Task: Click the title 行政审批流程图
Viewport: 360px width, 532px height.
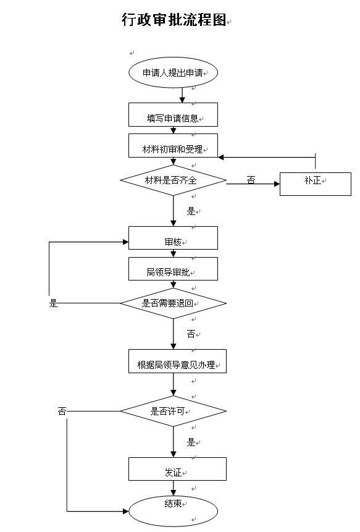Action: click(x=174, y=19)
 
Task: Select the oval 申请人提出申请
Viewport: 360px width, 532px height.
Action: click(x=173, y=73)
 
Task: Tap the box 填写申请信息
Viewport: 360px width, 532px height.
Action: click(x=173, y=115)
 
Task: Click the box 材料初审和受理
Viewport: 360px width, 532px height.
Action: click(x=173, y=146)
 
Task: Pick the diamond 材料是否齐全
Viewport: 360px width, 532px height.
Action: click(x=174, y=180)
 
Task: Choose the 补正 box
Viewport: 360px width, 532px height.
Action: click(x=316, y=184)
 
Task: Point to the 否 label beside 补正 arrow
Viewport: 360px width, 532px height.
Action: click(x=251, y=180)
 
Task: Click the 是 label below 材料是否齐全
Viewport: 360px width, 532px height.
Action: click(x=191, y=211)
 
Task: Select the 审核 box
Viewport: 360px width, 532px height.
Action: click(x=173, y=238)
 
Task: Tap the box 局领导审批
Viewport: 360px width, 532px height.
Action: click(x=173, y=269)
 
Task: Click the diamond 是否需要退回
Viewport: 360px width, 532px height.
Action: click(x=174, y=303)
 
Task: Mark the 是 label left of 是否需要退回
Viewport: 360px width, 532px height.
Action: click(x=54, y=303)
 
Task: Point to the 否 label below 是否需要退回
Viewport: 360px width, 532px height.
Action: click(x=191, y=334)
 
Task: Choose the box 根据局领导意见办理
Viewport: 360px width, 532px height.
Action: click(x=177, y=361)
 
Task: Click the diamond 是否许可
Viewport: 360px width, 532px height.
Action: click(x=174, y=412)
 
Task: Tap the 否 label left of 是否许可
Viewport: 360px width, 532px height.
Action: click(x=62, y=412)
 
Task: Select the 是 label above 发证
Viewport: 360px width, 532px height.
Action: click(x=191, y=442)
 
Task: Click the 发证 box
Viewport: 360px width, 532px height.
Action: click(x=177, y=469)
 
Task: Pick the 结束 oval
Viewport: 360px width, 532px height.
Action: click(x=173, y=511)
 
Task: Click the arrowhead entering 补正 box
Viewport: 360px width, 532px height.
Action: click(x=277, y=184)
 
